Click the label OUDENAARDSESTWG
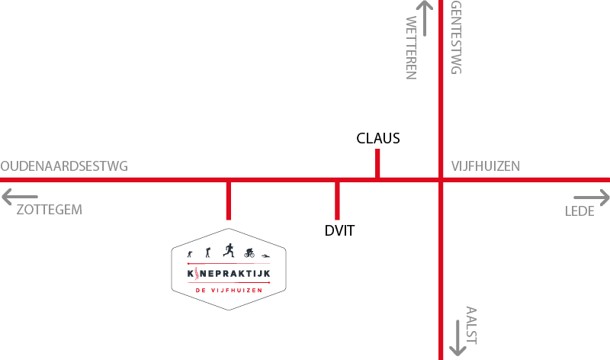[x=64, y=166]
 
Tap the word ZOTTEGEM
[x=49, y=210]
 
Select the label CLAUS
[x=378, y=138]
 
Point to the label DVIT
[x=340, y=230]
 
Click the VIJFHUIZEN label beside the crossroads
[x=486, y=166]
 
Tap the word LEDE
[x=579, y=211]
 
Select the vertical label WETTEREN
[x=412, y=47]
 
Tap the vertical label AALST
[x=471, y=324]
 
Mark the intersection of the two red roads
[x=441, y=180]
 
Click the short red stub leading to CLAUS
[x=378, y=163]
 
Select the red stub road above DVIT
[x=337, y=200]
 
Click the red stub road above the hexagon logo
[x=229, y=200]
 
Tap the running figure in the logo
[x=227, y=249]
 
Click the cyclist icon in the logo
[x=248, y=253]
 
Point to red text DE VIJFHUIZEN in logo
[x=229, y=291]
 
